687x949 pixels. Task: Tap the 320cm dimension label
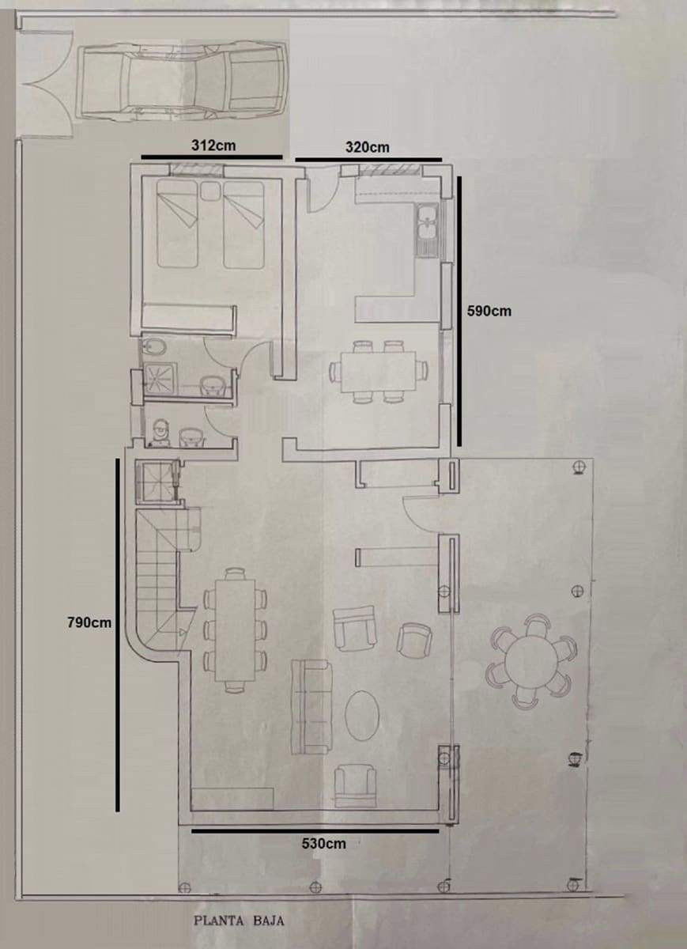pyautogui.click(x=367, y=147)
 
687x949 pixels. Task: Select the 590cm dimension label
pyautogui.click(x=489, y=311)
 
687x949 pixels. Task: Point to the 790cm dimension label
pyautogui.click(x=89, y=622)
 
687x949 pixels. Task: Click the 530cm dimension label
pyautogui.click(x=323, y=844)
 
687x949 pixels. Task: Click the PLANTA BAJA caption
pyautogui.click(x=238, y=921)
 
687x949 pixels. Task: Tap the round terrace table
pyautogui.click(x=530, y=661)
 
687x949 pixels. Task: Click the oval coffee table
pyautogui.click(x=362, y=715)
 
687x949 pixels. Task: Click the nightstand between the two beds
pyautogui.click(x=209, y=192)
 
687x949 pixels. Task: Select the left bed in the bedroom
pyautogui.click(x=177, y=223)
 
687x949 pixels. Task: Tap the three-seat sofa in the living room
pyautogui.click(x=311, y=707)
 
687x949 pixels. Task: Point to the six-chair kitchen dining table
pyautogui.click(x=377, y=370)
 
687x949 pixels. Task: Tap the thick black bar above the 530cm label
pyautogui.click(x=315, y=830)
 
